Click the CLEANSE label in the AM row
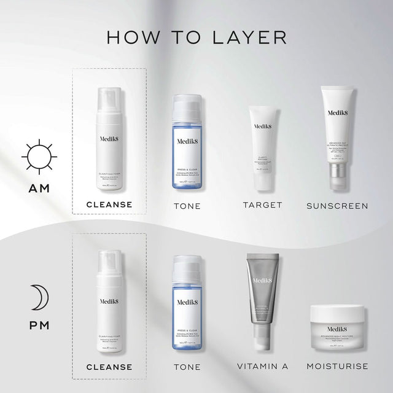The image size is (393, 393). (109, 204)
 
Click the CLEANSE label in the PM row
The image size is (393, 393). (109, 367)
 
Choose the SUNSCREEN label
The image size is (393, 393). (337, 206)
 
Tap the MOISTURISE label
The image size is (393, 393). (337, 367)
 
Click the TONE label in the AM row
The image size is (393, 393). (187, 206)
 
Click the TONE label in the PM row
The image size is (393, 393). (187, 367)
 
